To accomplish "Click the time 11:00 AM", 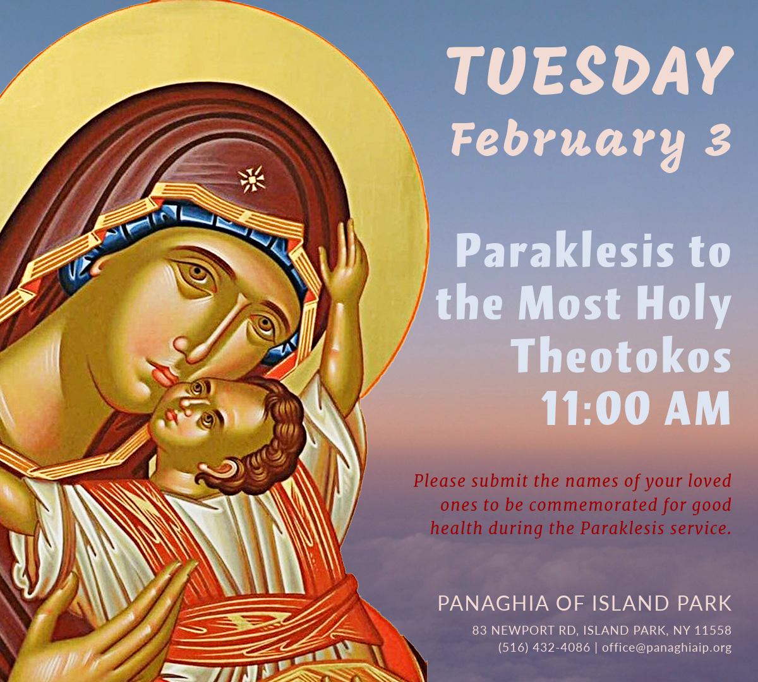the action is coord(636,408).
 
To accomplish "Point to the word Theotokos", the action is coord(623,356).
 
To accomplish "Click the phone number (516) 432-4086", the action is coord(544,647).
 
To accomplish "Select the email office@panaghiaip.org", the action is coord(667,648).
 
